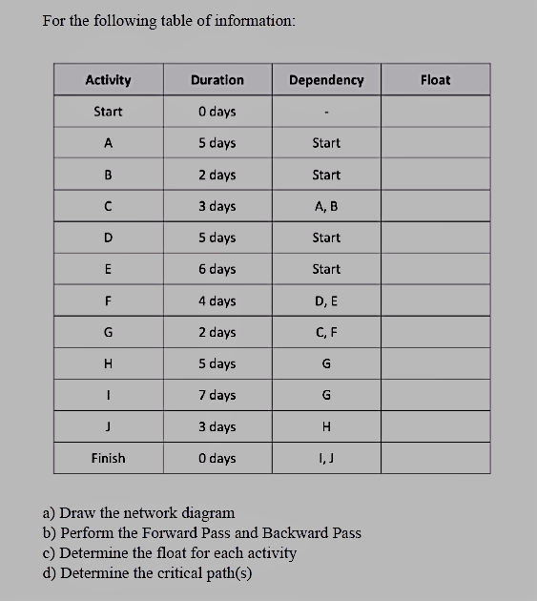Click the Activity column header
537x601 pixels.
point(108,80)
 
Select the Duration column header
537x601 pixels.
point(217,80)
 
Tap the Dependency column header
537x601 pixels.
point(325,80)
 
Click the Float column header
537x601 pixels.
point(435,80)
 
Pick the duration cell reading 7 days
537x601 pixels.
point(217,395)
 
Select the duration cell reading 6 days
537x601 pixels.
point(217,269)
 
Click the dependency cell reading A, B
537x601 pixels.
point(325,206)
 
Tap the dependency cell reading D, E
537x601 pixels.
point(325,300)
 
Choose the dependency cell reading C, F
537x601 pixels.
point(325,332)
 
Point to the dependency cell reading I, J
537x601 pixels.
point(325,458)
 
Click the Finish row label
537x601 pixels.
point(108,458)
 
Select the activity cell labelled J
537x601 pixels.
point(108,426)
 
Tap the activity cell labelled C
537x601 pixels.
point(108,206)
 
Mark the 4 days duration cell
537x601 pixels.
point(217,300)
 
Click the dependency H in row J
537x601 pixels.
point(325,426)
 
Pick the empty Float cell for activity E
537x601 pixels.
point(435,269)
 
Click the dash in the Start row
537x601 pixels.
point(325,113)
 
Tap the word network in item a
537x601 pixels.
point(136,513)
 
